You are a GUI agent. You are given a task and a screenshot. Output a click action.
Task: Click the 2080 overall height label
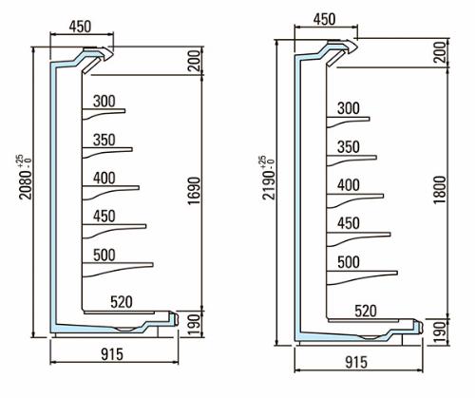tap(26, 184)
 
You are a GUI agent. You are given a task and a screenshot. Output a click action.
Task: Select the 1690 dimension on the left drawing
tap(194, 191)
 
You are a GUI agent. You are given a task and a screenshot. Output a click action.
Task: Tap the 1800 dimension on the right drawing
tap(440, 190)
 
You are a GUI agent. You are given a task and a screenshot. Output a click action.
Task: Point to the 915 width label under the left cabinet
tap(112, 354)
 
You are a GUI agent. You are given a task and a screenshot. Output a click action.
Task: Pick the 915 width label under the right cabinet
tap(356, 363)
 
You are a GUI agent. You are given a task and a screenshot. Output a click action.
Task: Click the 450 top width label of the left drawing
tap(80, 27)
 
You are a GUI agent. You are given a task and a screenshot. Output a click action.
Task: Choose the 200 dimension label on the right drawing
tap(440, 52)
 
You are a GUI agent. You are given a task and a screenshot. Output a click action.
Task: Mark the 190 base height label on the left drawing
tap(194, 325)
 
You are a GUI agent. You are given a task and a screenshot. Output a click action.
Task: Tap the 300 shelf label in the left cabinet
tap(104, 102)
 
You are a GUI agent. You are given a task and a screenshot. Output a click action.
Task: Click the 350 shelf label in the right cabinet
tap(349, 147)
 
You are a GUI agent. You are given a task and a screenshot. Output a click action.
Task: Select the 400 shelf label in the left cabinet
tap(104, 179)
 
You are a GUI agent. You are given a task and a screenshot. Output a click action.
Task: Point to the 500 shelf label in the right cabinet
tap(349, 262)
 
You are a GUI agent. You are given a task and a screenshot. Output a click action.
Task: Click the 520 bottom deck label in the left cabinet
tap(122, 302)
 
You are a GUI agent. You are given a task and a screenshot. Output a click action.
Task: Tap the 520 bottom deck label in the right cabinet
tap(366, 311)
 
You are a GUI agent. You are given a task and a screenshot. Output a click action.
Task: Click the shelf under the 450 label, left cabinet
tap(114, 226)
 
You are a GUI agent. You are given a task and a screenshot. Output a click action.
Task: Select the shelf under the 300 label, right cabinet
tap(348, 119)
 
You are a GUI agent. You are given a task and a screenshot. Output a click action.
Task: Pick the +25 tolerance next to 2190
tap(262, 160)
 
